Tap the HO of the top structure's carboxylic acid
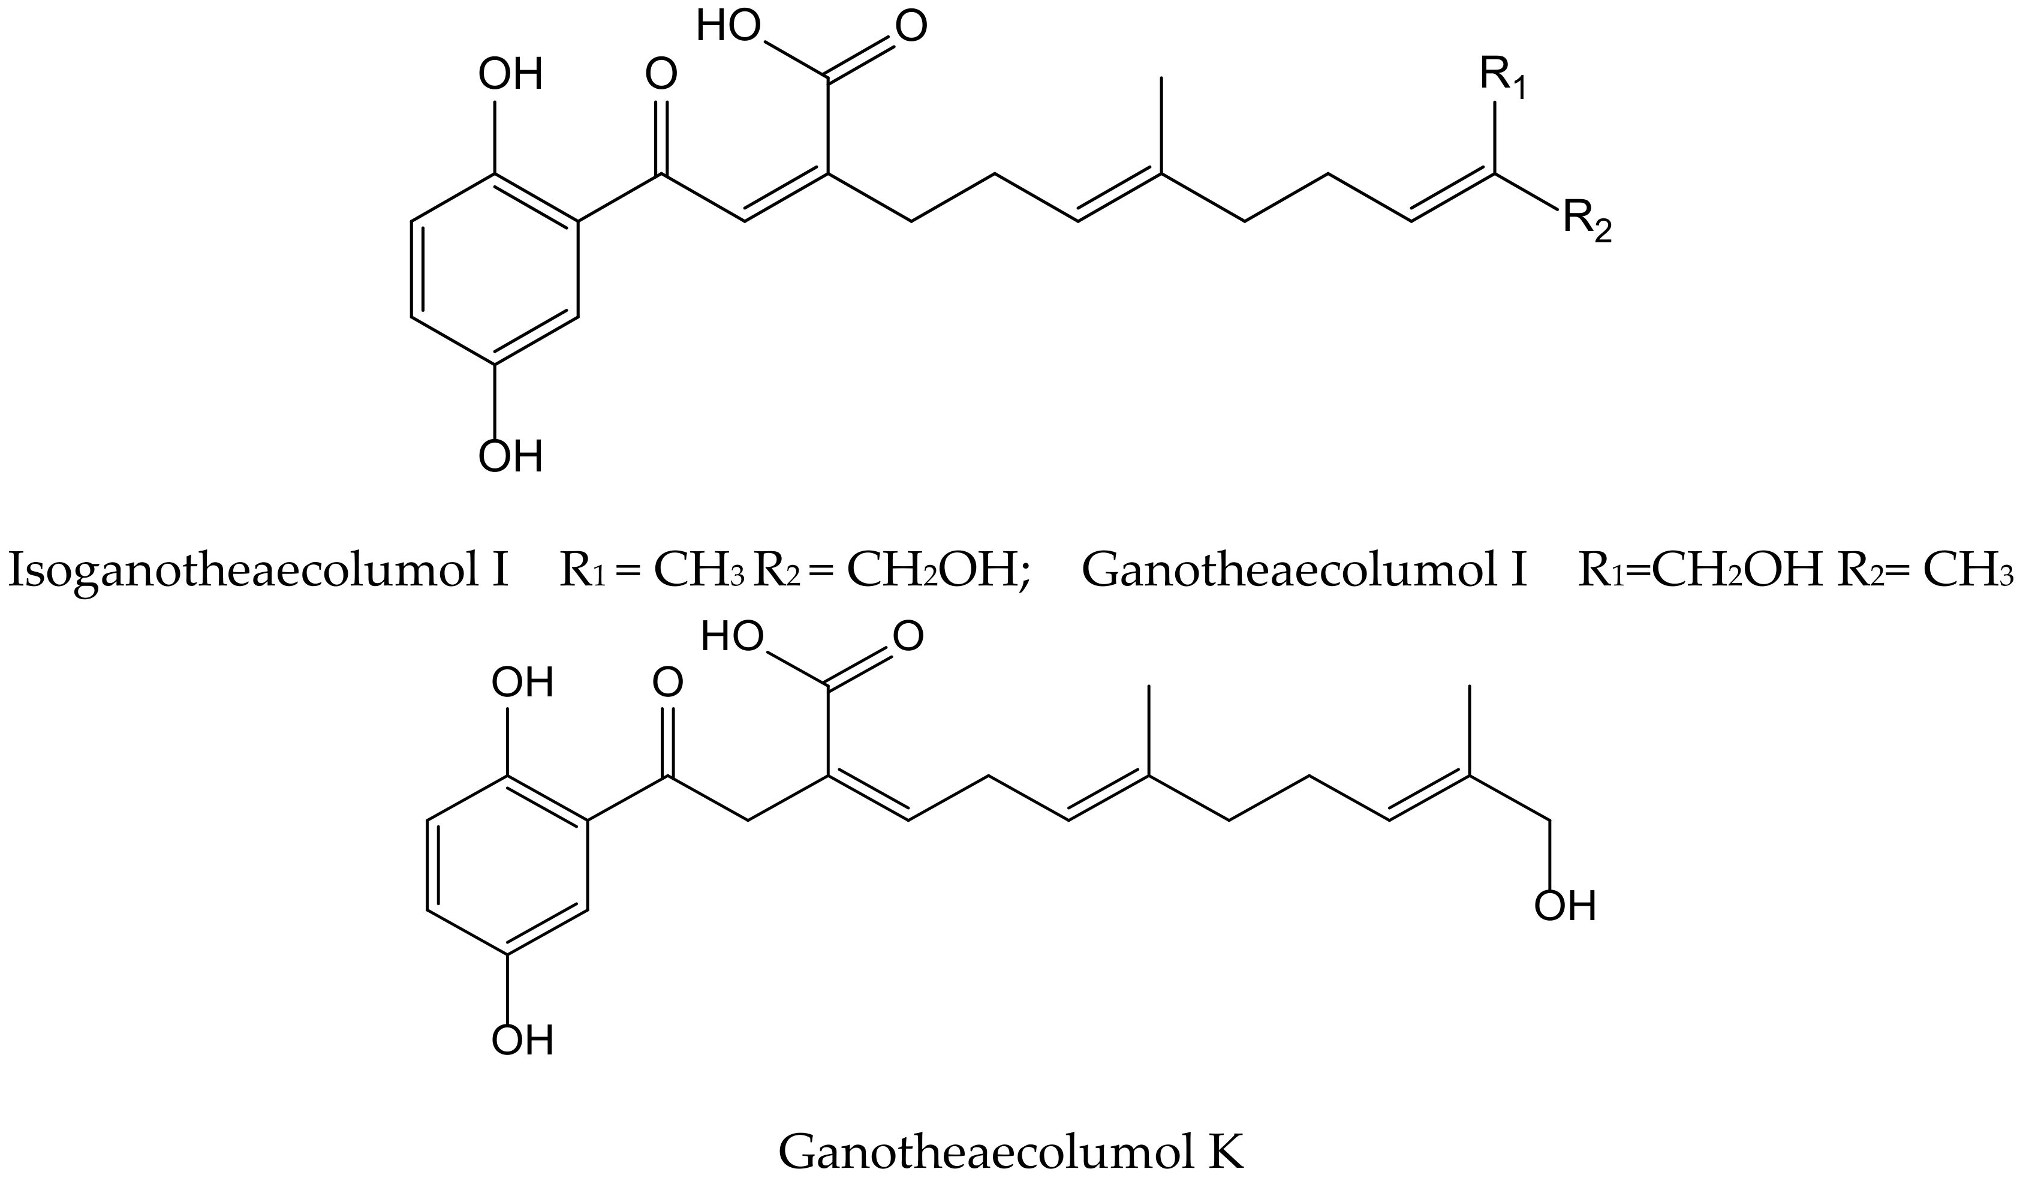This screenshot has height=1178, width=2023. [727, 26]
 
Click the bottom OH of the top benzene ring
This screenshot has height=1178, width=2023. [511, 457]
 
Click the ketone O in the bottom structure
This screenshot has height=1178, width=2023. [668, 683]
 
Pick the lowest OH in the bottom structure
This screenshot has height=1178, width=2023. [523, 1041]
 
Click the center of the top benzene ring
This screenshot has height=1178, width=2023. [495, 269]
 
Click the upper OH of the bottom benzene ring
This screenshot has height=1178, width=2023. [523, 683]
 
